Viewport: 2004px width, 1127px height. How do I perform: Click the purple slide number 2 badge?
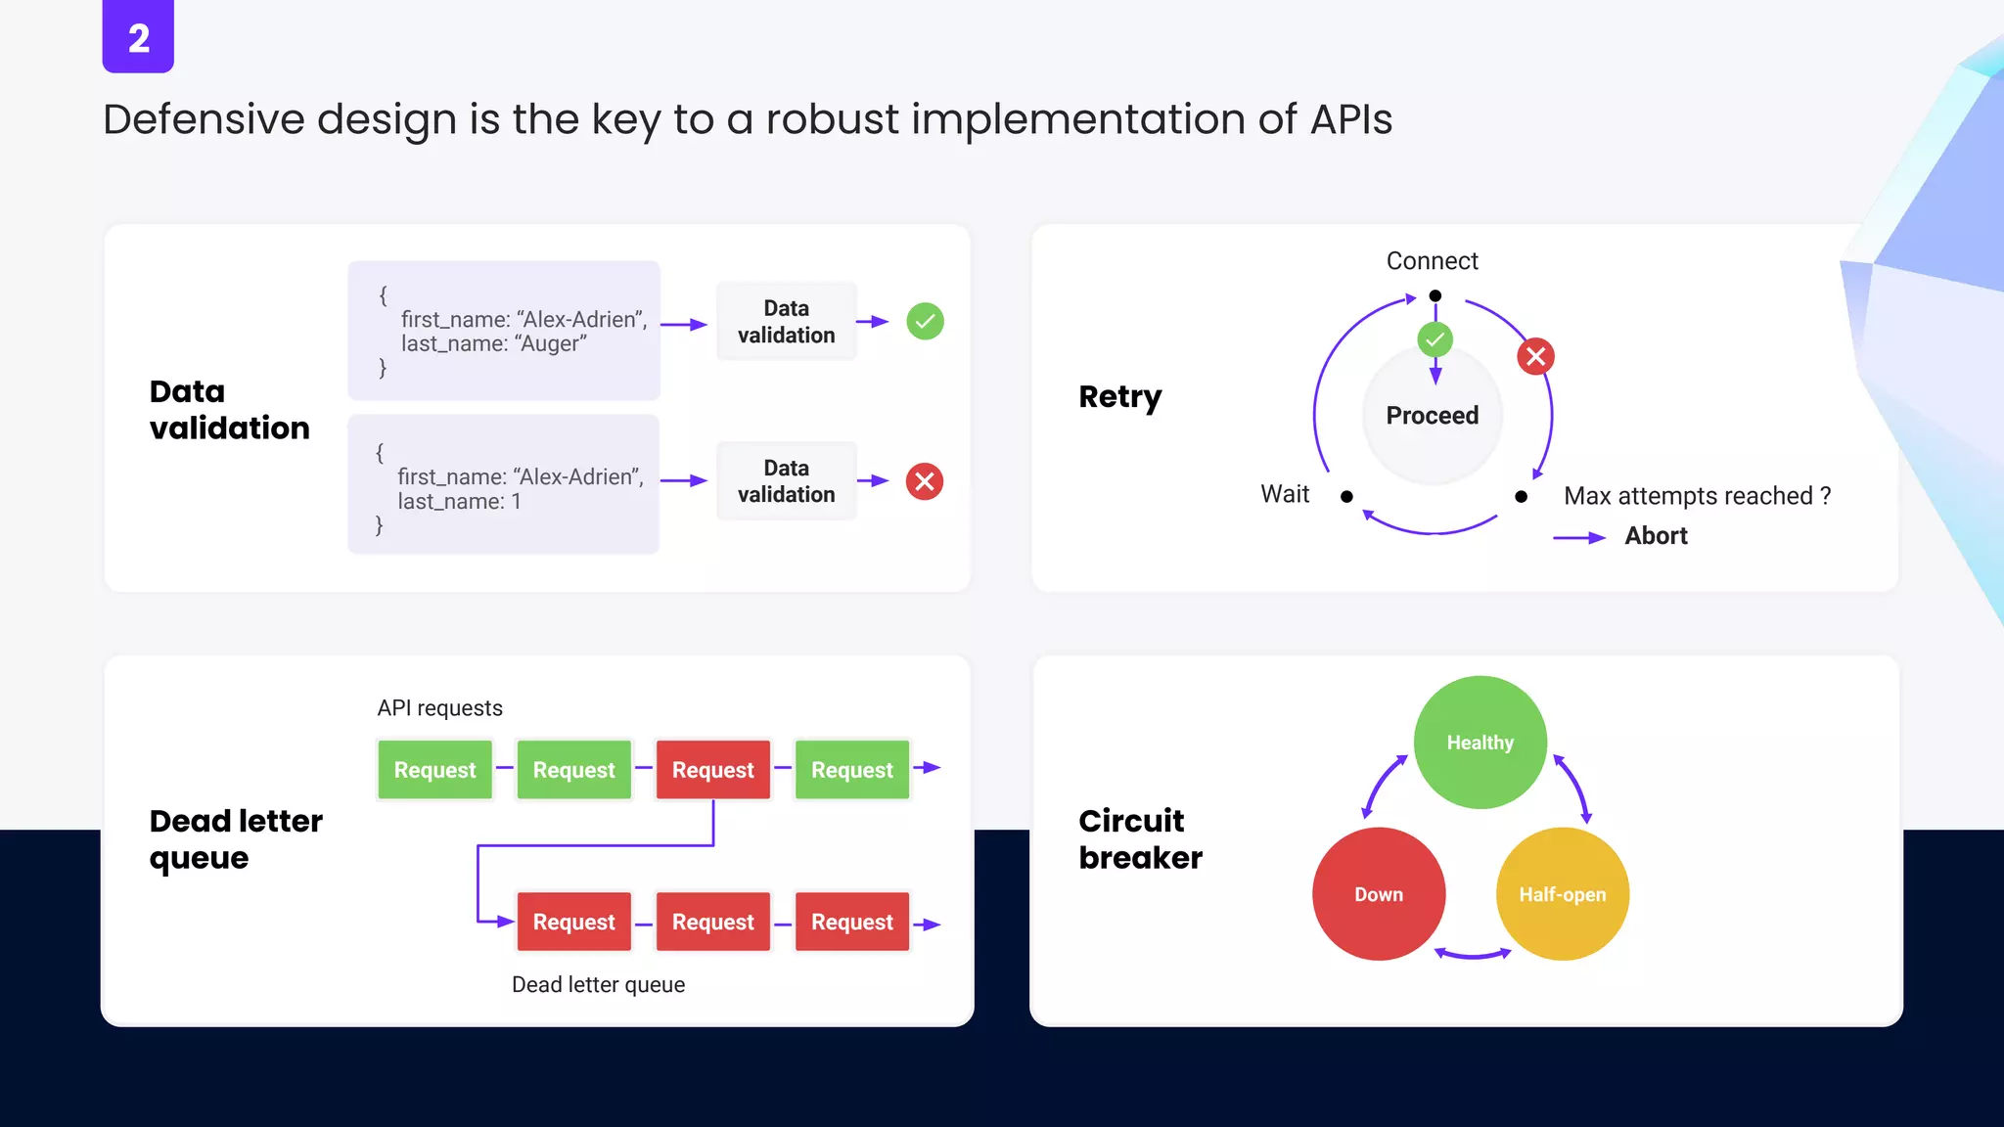click(138, 37)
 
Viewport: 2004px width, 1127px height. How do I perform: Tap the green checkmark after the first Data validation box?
click(925, 321)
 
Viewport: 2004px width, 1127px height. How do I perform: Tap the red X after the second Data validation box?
click(924, 481)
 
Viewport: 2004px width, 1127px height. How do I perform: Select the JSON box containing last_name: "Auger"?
click(504, 331)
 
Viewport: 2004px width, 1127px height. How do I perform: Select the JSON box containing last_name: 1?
click(504, 484)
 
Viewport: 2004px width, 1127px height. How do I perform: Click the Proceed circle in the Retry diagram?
click(1432, 416)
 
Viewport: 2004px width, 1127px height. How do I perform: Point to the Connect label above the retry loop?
click(1432, 261)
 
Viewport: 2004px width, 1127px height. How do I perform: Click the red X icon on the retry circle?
click(1535, 356)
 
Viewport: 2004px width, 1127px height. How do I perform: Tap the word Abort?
click(1656, 536)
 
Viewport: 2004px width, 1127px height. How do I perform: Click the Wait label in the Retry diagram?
click(1284, 494)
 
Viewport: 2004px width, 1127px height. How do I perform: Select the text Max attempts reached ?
click(1697, 496)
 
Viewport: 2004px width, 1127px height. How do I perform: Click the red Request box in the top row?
click(712, 770)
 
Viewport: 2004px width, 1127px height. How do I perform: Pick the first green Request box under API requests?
click(434, 770)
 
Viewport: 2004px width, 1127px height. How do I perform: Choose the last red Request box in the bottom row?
click(851, 922)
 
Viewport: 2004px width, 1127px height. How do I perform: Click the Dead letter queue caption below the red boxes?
click(598, 985)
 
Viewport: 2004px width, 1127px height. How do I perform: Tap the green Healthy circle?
click(1480, 743)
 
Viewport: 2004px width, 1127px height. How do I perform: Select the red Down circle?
click(1378, 894)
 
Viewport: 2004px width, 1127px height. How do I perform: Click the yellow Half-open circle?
click(1562, 894)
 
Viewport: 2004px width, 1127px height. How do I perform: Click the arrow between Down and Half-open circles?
click(1472, 954)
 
